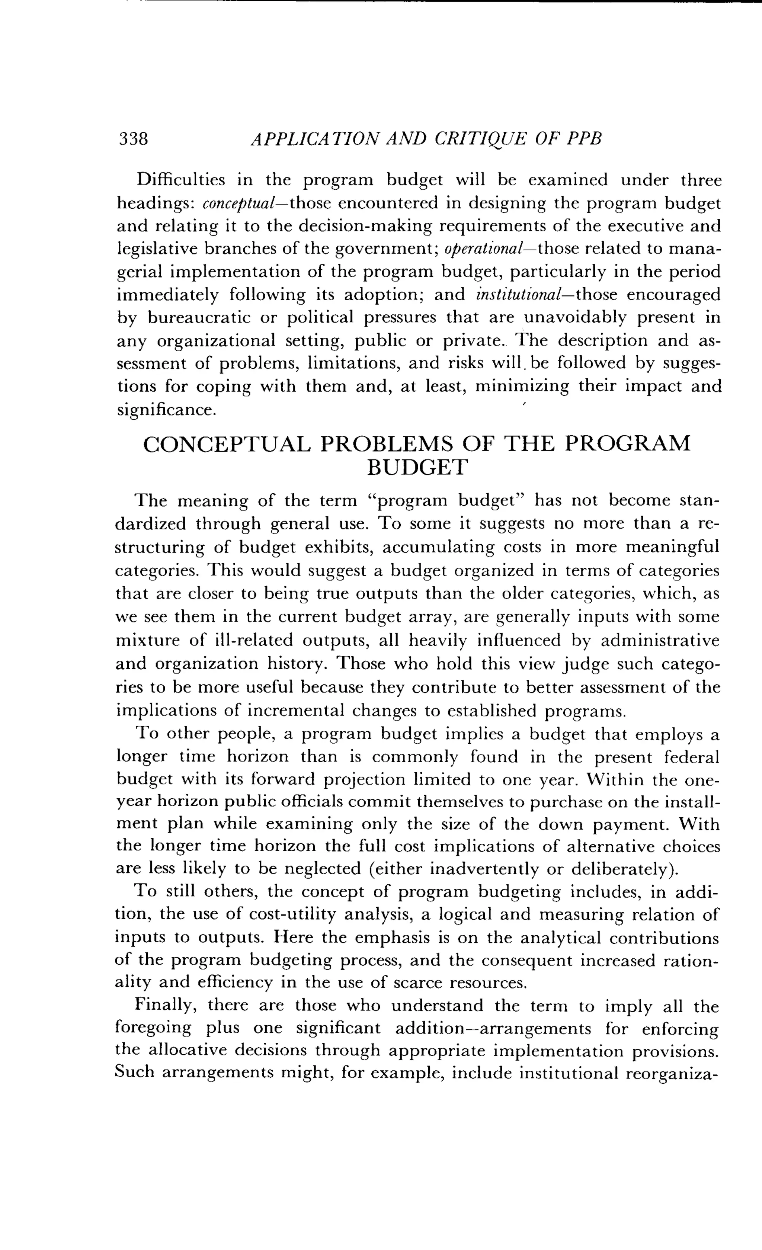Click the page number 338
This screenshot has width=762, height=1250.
click(133, 138)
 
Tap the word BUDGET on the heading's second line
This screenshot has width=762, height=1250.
click(416, 467)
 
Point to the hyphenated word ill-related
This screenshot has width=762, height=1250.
click(254, 641)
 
